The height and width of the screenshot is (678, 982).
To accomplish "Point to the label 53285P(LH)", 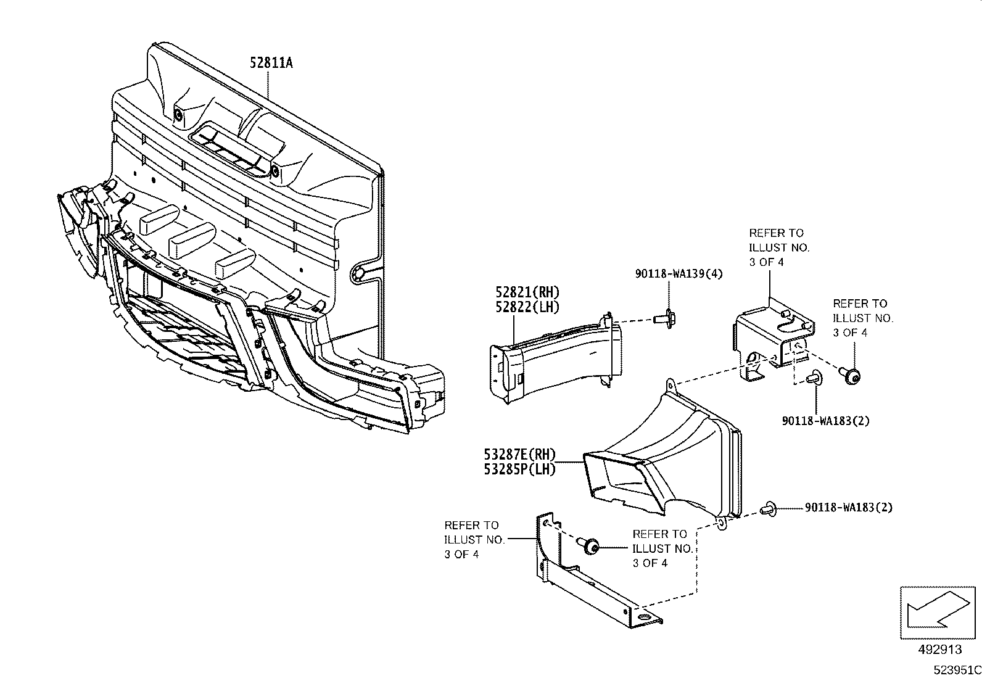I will pyautogui.click(x=520, y=469).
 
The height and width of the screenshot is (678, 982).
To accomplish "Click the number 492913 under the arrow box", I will pyautogui.click(x=938, y=650).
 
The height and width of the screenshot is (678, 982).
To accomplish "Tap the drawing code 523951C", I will pyautogui.click(x=956, y=669).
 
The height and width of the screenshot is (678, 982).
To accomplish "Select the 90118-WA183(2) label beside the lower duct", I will pyautogui.click(x=848, y=508).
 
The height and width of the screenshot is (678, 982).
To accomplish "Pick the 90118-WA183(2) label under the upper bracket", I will pyautogui.click(x=825, y=421).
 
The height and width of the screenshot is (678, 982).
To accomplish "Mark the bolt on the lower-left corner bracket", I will pyautogui.click(x=590, y=547).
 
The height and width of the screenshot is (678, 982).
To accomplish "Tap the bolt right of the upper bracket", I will pyautogui.click(x=852, y=374).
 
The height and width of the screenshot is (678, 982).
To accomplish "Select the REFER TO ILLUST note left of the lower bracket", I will pyautogui.click(x=474, y=540).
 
